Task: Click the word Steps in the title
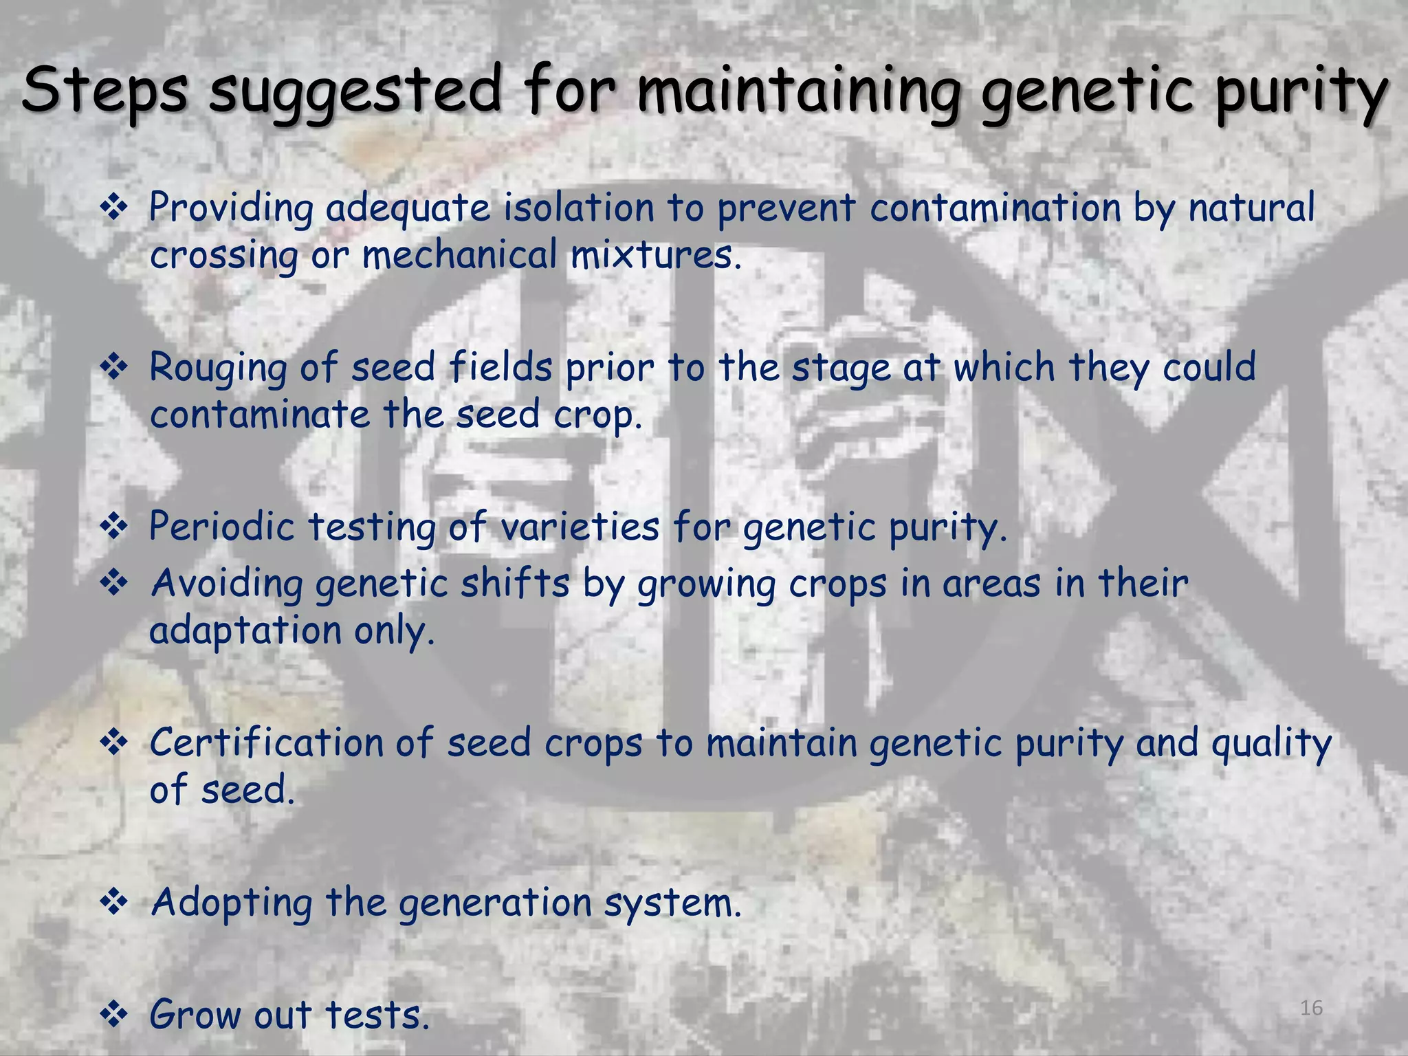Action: [104, 91]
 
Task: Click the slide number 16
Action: [1311, 1008]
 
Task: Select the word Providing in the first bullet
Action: [232, 208]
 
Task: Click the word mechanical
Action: [459, 255]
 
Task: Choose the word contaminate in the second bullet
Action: [260, 415]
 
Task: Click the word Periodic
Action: [221, 527]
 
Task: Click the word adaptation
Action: [245, 630]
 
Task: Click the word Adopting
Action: [232, 903]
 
